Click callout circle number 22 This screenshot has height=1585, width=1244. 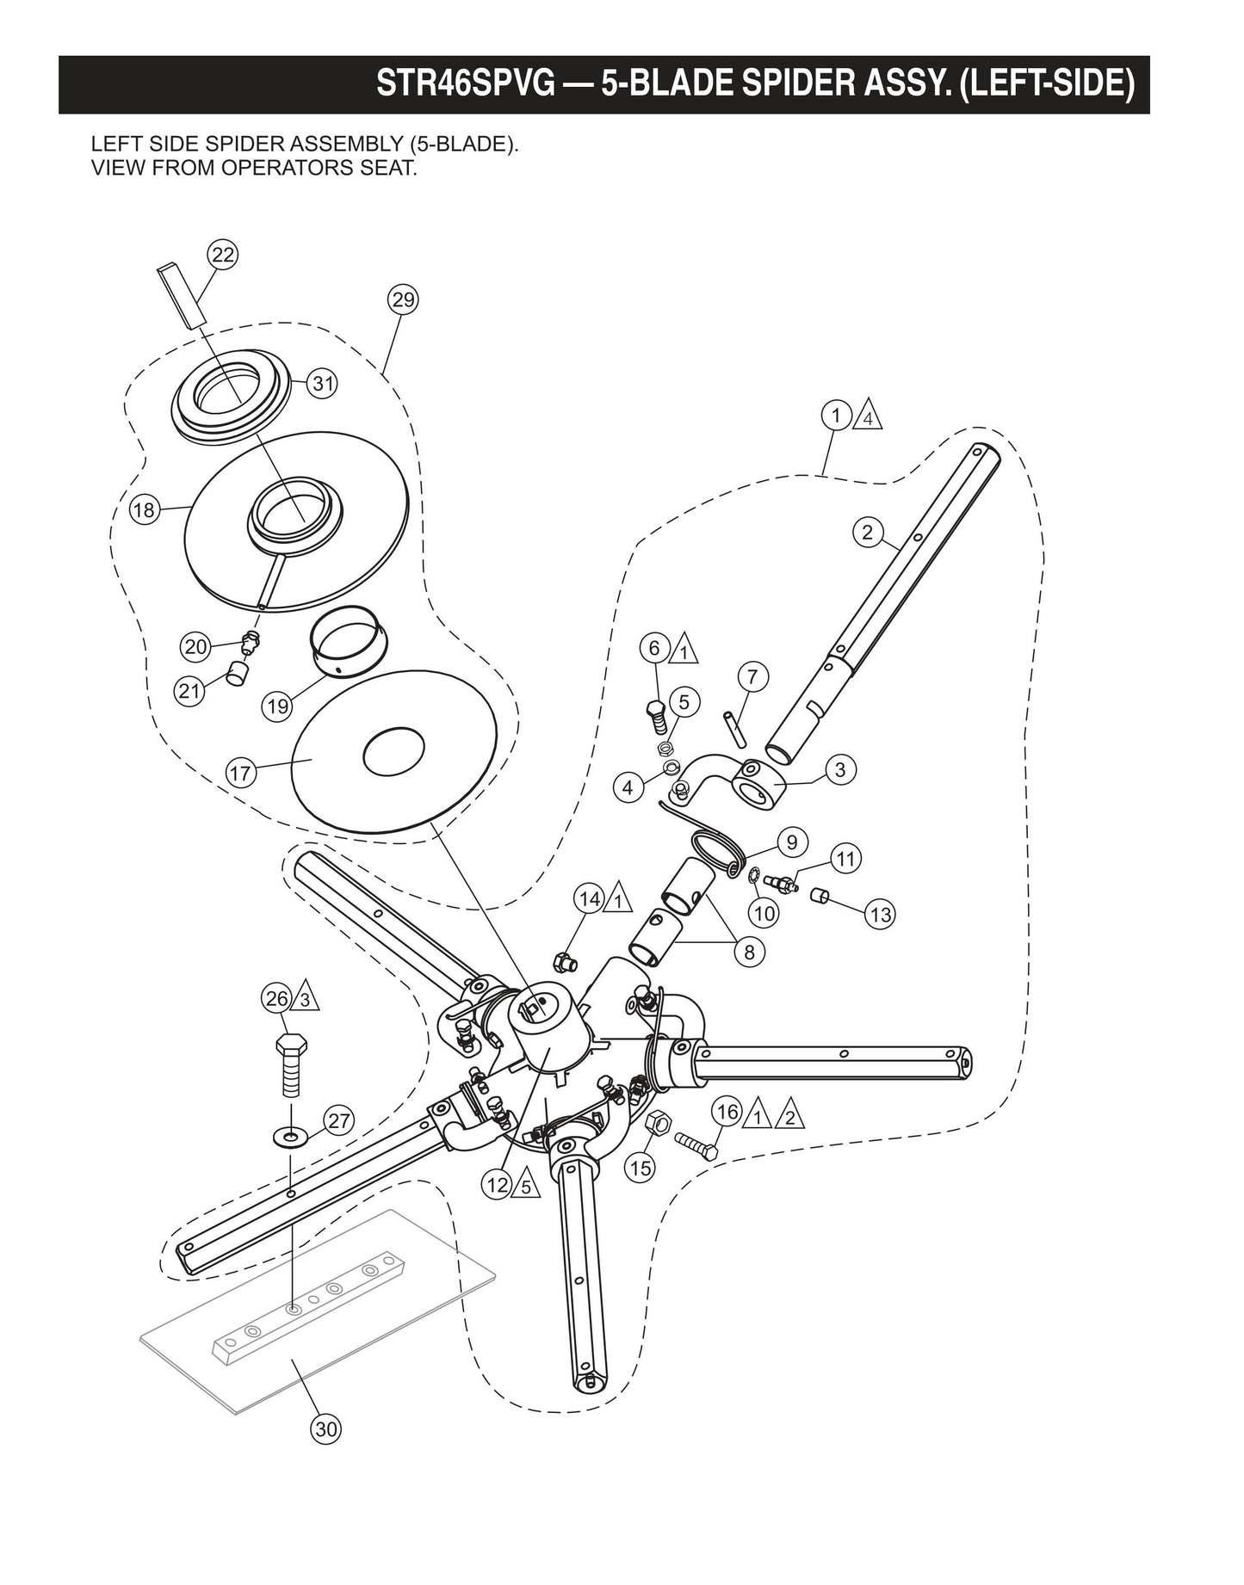point(223,255)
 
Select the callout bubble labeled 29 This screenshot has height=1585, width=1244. point(403,300)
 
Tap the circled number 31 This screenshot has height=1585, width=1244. point(322,384)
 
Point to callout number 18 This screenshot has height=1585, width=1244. point(144,510)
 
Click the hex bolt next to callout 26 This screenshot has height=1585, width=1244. point(290,1064)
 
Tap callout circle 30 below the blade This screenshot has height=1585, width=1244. point(325,1429)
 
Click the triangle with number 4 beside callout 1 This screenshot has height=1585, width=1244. point(869,417)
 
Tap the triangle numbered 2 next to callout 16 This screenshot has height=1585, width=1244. point(789,1115)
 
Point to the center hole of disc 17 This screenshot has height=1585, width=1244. point(393,755)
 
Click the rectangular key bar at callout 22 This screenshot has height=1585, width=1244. point(182,295)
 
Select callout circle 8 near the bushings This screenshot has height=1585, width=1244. point(749,952)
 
